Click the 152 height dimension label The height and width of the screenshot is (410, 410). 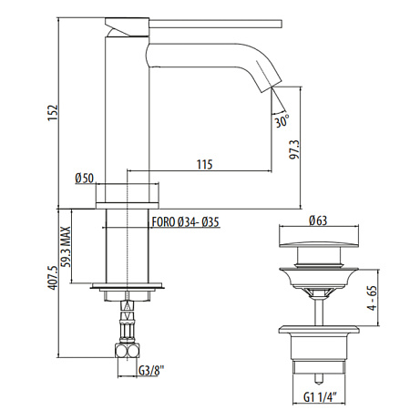pyautogui.click(x=53, y=113)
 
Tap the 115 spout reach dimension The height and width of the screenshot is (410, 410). pyautogui.click(x=204, y=164)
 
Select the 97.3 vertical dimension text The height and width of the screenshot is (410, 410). pyautogui.click(x=293, y=149)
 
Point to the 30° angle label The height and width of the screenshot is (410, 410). pyautogui.click(x=282, y=121)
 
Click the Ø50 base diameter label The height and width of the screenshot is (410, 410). pyautogui.click(x=85, y=178)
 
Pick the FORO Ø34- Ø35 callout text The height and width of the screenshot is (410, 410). pyautogui.click(x=185, y=222)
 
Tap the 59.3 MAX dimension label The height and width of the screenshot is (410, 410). pyautogui.click(x=66, y=247)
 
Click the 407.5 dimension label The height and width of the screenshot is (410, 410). pyautogui.click(x=53, y=278)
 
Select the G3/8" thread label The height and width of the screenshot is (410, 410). pyautogui.click(x=151, y=370)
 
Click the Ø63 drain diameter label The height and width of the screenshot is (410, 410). pyautogui.click(x=318, y=220)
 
